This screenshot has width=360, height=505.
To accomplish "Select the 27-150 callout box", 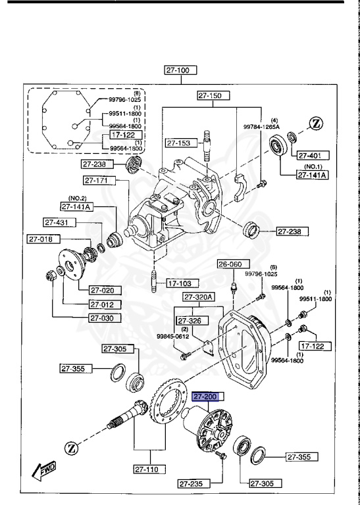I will pyautogui.click(x=214, y=96).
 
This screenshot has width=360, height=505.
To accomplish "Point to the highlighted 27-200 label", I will pyautogui.click(x=207, y=397).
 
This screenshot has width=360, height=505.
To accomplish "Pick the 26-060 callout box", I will pyautogui.click(x=230, y=264).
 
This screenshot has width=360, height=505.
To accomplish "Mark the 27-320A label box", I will pyautogui.click(x=199, y=297).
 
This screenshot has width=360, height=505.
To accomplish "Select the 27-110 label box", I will pyautogui.click(x=148, y=469).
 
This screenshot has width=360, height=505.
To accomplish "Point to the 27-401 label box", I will pyautogui.click(x=311, y=155).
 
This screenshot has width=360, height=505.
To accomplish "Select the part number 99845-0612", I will pyautogui.click(x=172, y=337).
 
